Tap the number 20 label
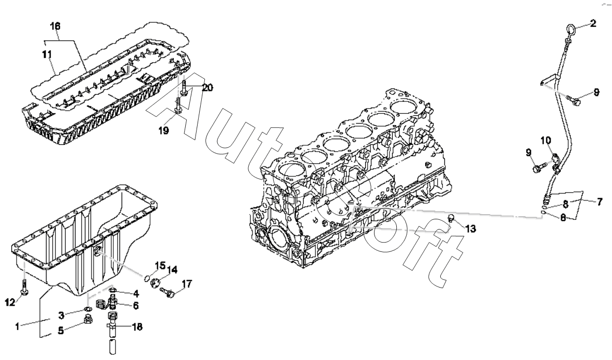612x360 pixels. point(207,88)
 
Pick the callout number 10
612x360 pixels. point(546,140)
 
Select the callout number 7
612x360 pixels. point(599,202)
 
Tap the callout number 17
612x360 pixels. point(186,283)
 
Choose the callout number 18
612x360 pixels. point(137,327)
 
